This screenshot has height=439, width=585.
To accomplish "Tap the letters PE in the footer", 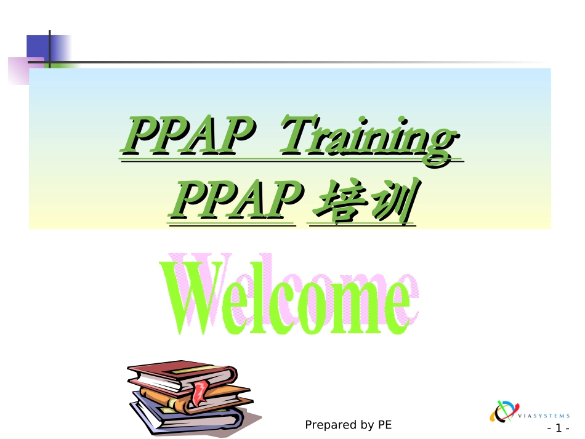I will click(385, 425).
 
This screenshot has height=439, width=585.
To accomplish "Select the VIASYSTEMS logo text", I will click(544, 416).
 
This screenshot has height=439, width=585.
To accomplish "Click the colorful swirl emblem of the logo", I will click(502, 411).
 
